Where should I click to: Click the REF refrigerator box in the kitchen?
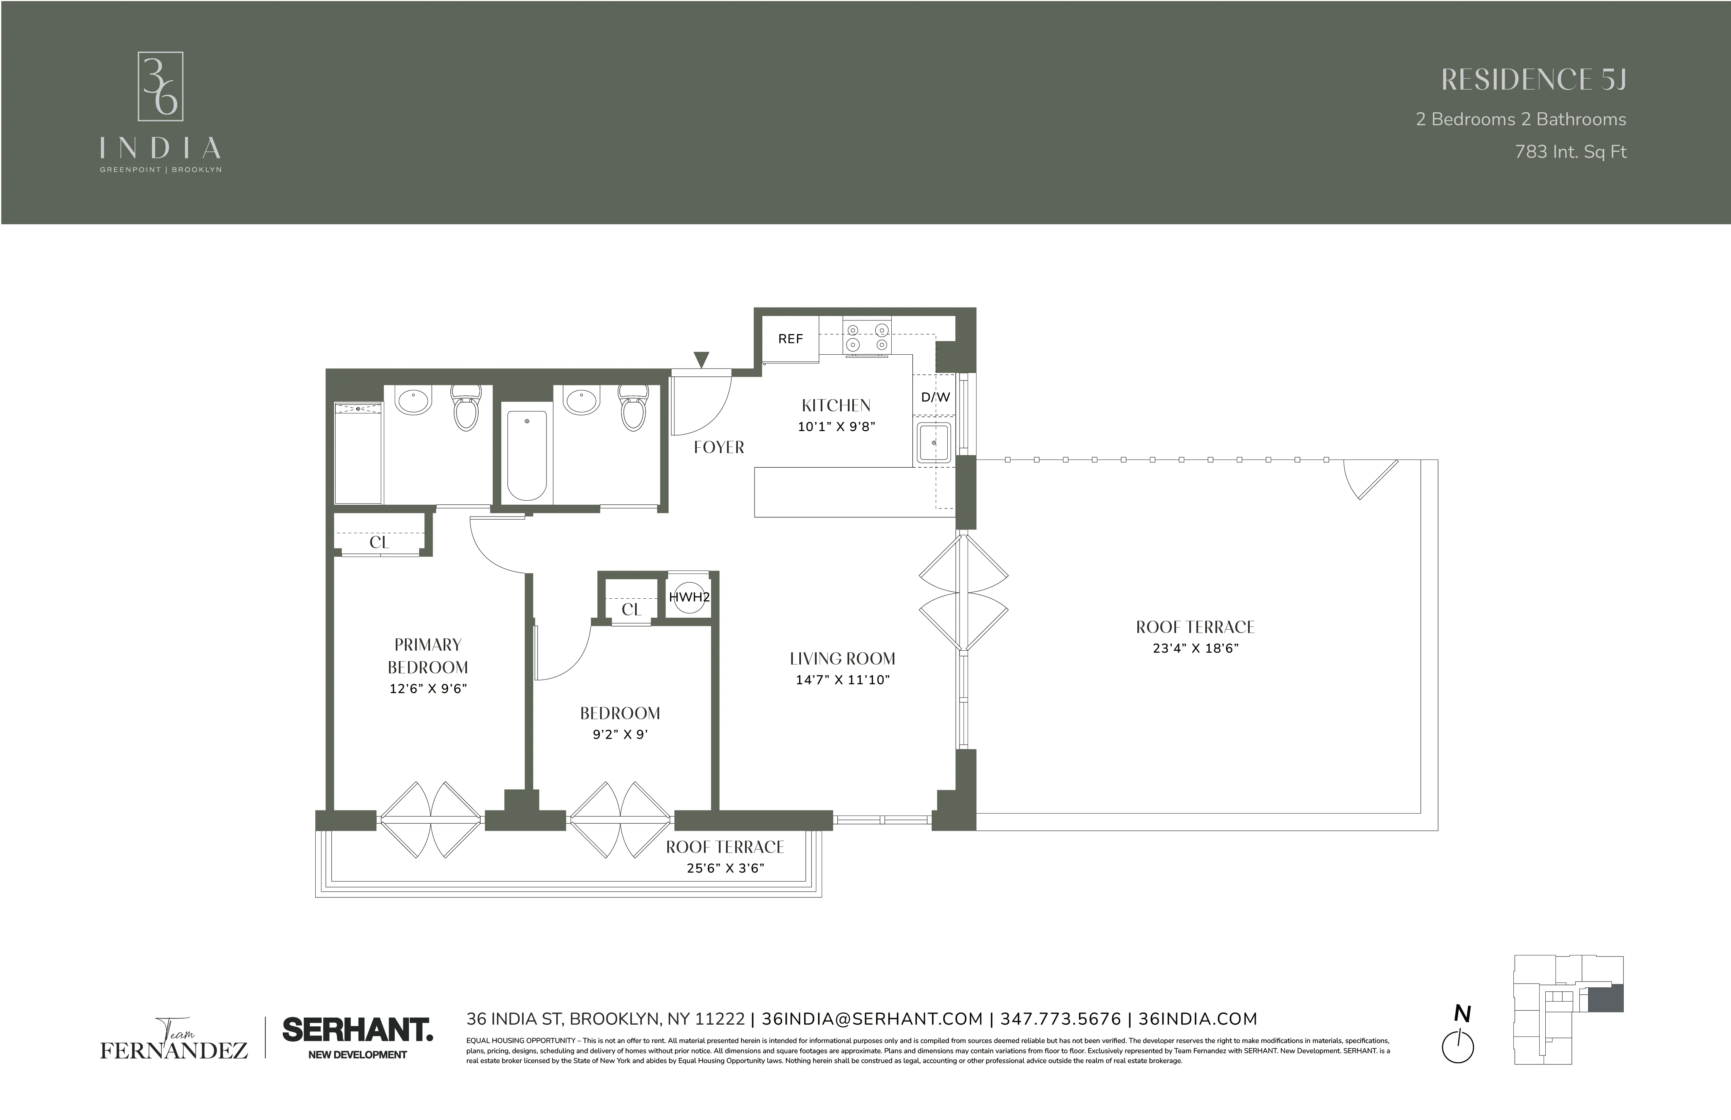[x=790, y=339]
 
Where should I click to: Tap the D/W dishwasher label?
[x=935, y=397]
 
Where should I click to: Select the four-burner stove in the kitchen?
[x=867, y=337]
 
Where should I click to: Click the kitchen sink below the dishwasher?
[x=933, y=442]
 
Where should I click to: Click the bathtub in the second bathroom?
[x=526, y=455]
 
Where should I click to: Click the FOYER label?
[x=719, y=447]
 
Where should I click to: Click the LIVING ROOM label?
[x=842, y=659]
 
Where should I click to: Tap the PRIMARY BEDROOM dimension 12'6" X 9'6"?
[x=428, y=689]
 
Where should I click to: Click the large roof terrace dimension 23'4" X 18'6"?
[x=1195, y=648]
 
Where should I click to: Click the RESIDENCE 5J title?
[x=1533, y=80]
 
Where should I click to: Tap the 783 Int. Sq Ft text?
[x=1570, y=152]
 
